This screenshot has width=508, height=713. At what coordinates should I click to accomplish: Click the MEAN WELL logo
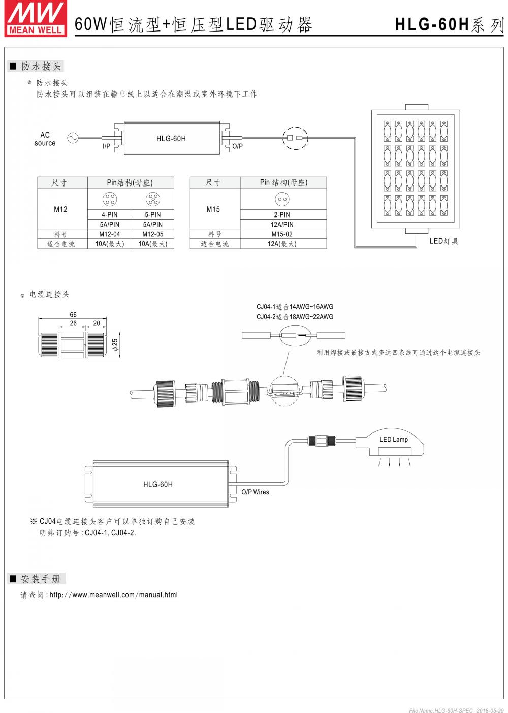pos(35,18)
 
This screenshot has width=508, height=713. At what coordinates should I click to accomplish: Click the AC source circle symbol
pos(72,138)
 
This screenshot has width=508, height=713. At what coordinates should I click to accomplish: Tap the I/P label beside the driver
pos(106,146)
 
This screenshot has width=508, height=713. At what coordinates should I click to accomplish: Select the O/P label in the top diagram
pos(237,146)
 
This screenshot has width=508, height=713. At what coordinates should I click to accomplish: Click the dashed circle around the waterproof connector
pos(295,138)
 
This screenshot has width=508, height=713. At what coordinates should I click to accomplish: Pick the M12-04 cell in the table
pos(109,234)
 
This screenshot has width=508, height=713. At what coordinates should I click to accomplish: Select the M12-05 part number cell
pos(152,234)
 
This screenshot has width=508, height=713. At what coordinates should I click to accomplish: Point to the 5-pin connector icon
pos(152,199)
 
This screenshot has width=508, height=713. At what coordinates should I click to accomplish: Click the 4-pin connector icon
pos(109,199)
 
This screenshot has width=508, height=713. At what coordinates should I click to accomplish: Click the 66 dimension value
pos(73,315)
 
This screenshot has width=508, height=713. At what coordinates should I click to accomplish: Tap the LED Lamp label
pos(394,440)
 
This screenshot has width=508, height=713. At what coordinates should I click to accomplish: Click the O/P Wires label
pos(255,492)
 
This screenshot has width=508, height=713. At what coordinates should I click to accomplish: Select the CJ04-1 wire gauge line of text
pos(295,307)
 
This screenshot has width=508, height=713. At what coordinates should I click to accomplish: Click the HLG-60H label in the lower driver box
pos(158,484)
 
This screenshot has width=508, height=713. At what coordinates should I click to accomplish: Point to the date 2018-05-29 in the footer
pos(490,710)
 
